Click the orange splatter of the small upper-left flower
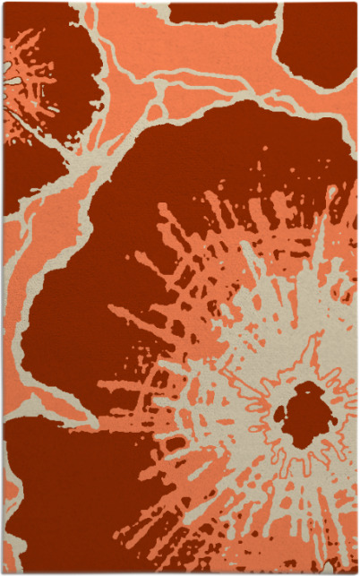[36, 99]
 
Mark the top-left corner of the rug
[3, 3]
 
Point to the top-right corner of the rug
[356, 3]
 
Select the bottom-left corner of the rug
[3, 572]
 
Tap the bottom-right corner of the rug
[356, 572]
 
